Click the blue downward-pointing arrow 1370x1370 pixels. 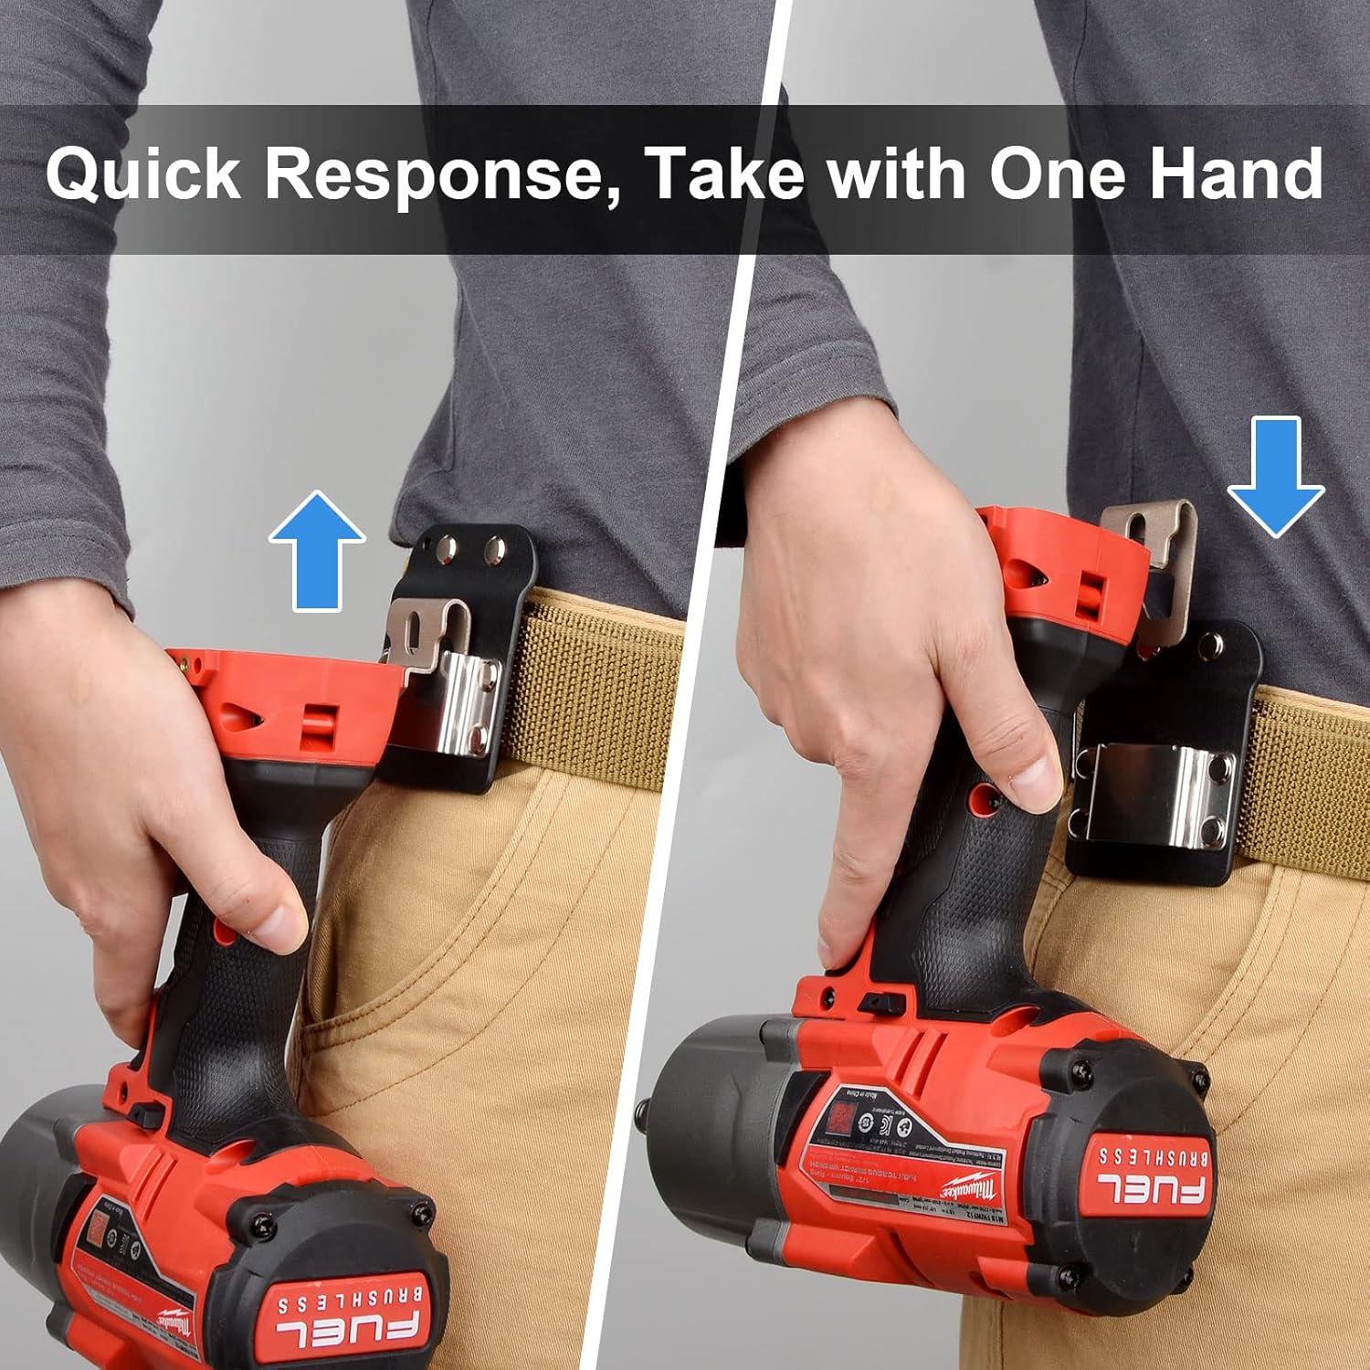tap(1275, 476)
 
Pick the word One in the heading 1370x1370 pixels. tap(1059, 174)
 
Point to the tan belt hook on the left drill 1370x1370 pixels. tap(426, 631)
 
